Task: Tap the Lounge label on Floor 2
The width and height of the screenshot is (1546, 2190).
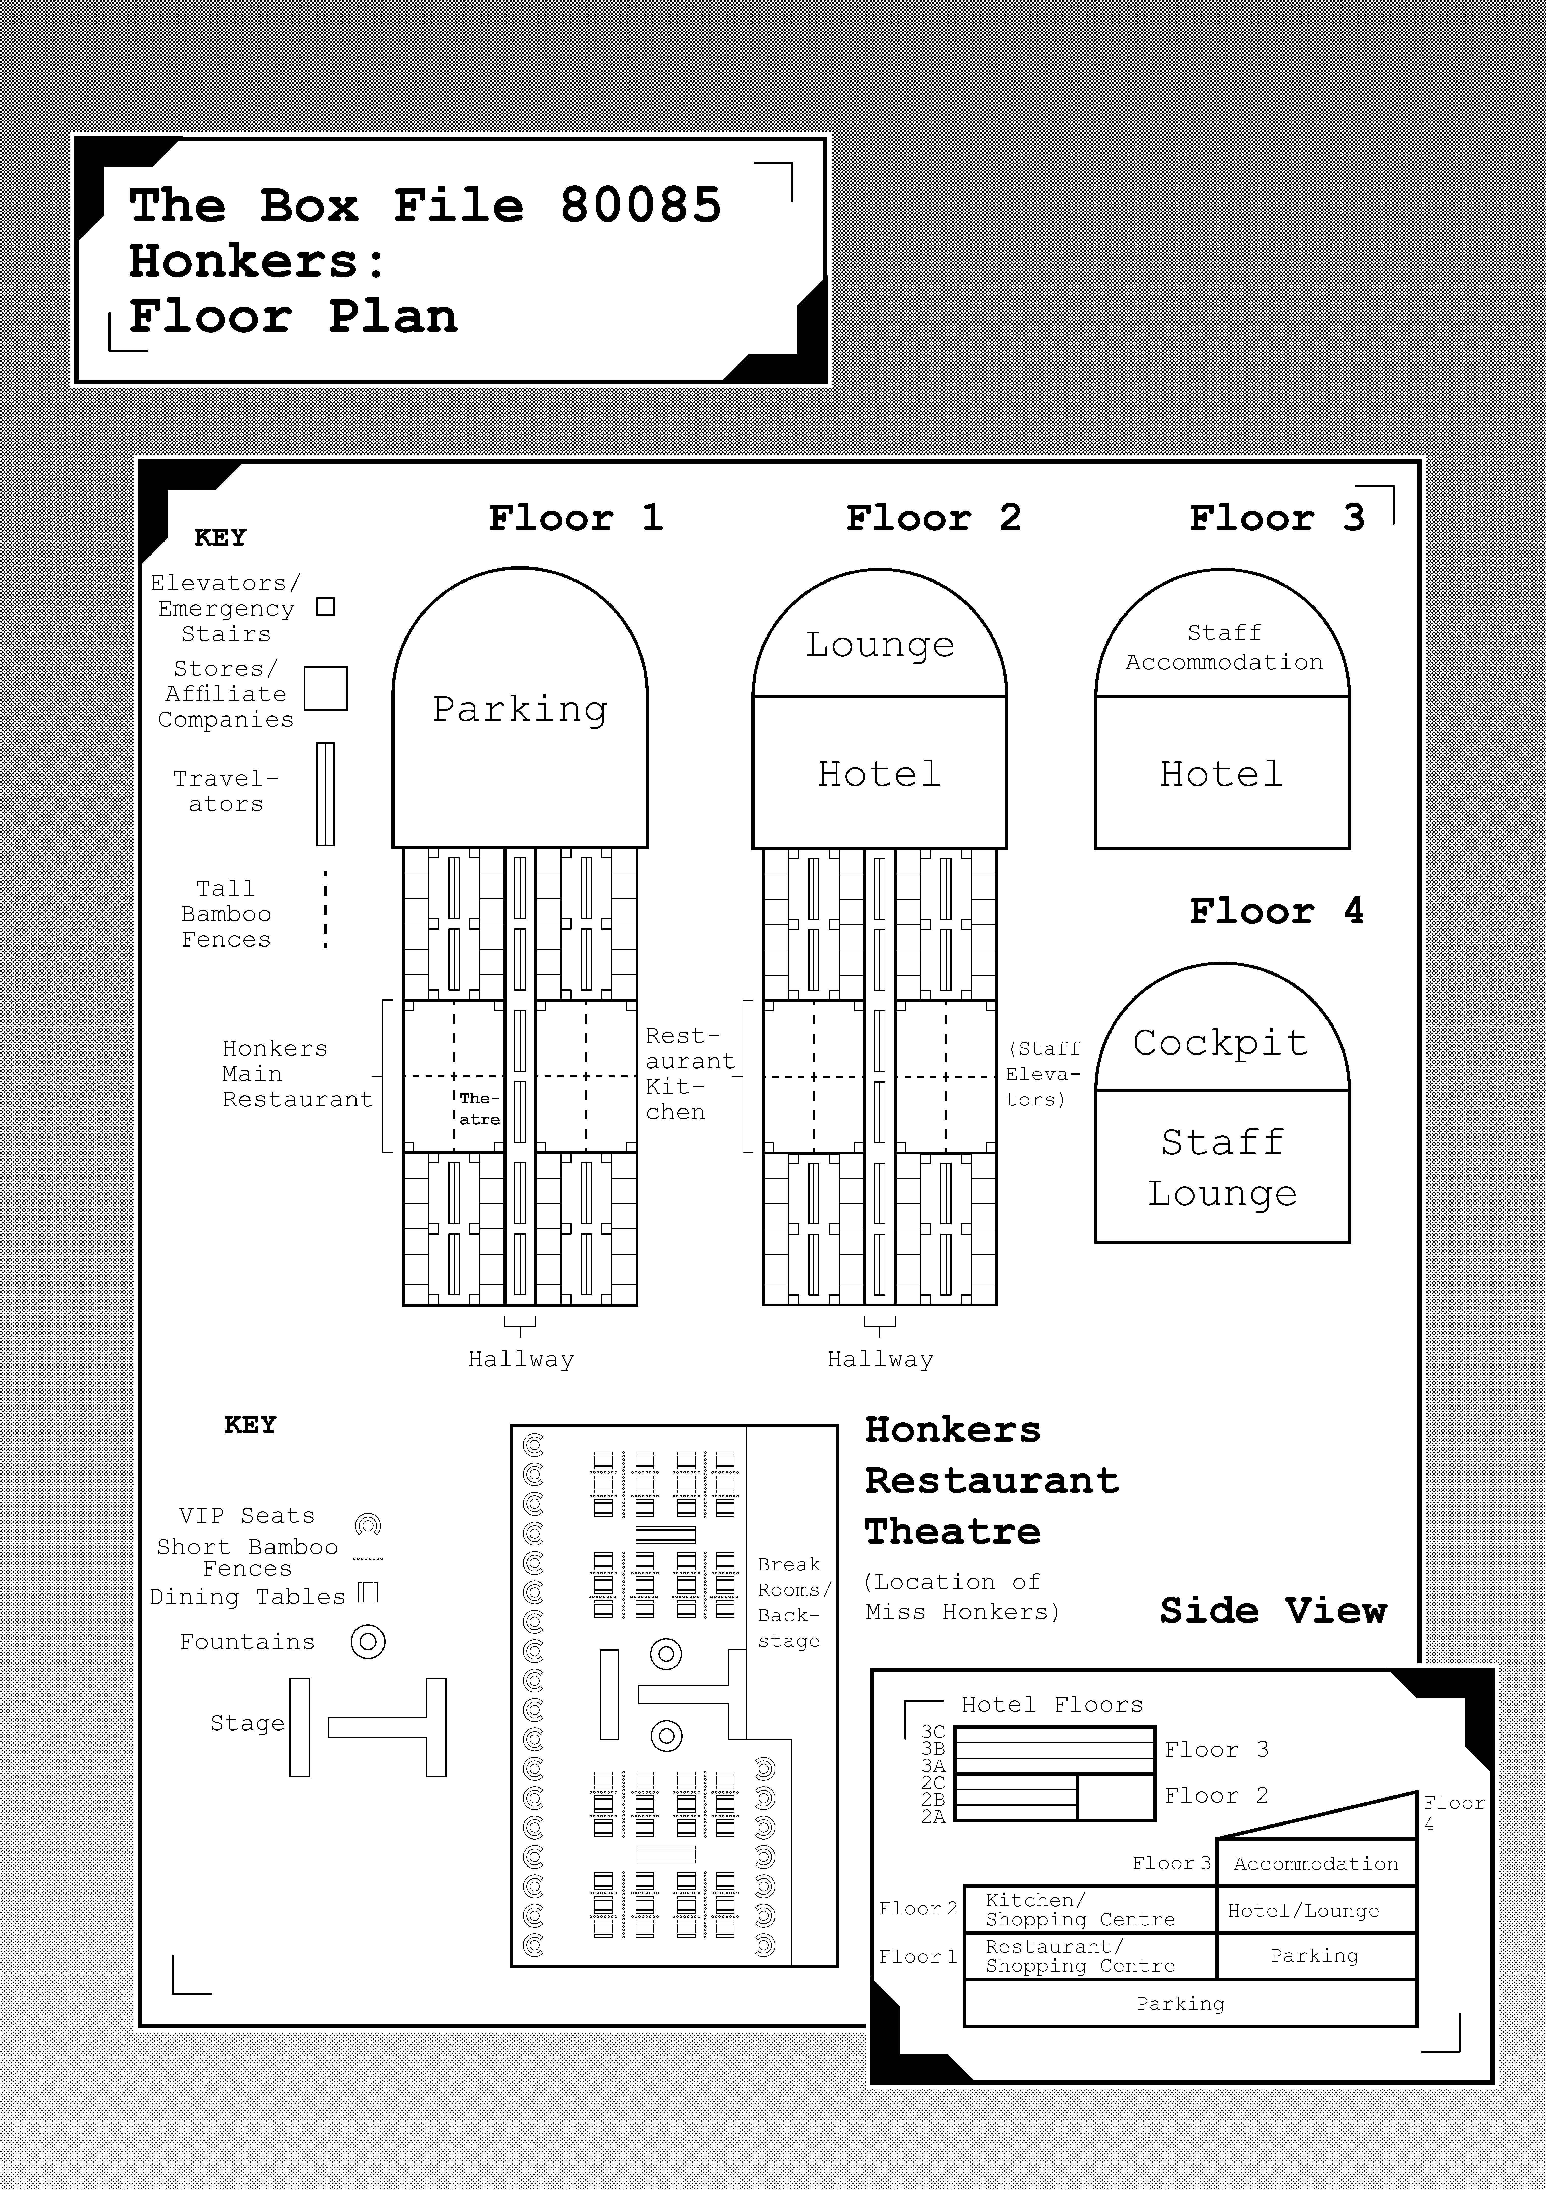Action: tap(879, 645)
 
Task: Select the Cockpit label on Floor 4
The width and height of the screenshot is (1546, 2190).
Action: tap(1221, 1043)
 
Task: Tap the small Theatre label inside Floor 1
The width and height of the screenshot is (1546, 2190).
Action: tap(479, 1108)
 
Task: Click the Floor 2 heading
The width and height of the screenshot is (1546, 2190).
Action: tap(934, 518)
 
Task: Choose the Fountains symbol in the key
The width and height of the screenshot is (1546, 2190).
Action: tap(368, 1642)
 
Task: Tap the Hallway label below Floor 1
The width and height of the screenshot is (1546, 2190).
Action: tap(521, 1359)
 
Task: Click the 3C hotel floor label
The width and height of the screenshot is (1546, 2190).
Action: tap(933, 1732)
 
